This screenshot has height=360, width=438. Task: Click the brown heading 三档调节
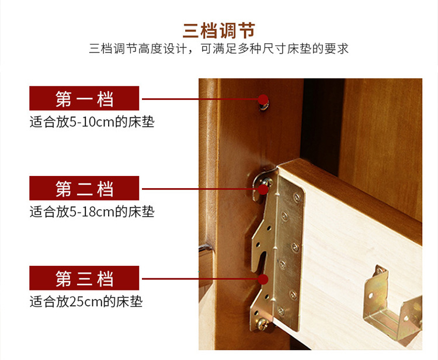[219, 30]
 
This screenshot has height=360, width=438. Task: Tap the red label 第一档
[84, 98]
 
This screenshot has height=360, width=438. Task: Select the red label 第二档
[84, 188]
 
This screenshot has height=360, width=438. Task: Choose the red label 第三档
[84, 278]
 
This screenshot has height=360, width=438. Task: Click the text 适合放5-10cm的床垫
[92, 122]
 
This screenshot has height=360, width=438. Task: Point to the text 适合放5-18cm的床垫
[92, 212]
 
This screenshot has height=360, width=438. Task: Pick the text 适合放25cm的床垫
[86, 302]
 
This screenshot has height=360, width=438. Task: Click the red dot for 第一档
[263, 99]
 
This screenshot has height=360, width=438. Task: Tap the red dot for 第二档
[263, 189]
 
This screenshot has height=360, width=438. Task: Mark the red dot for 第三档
[263, 279]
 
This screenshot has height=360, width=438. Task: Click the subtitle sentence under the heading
[219, 49]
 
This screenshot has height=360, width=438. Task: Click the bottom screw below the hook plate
[262, 324]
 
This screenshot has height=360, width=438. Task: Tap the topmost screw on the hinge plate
[297, 198]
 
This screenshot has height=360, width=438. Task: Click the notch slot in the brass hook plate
[262, 261]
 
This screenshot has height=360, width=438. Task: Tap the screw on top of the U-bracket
[380, 270]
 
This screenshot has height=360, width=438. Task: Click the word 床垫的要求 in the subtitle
[318, 49]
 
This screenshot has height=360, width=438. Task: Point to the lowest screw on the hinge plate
[281, 311]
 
